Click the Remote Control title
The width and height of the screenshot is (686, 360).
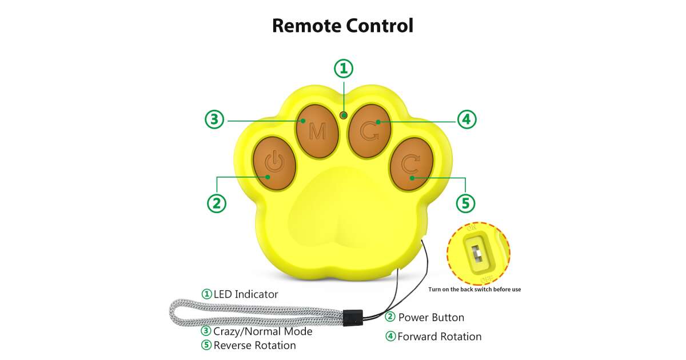pyautogui.click(x=342, y=26)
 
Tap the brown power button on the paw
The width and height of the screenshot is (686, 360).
pyautogui.click(x=274, y=163)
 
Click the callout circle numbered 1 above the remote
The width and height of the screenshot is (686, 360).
pyautogui.click(x=344, y=69)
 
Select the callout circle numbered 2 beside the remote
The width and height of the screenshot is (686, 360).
pyautogui.click(x=216, y=203)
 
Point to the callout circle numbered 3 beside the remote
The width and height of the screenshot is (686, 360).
pyautogui.click(x=214, y=119)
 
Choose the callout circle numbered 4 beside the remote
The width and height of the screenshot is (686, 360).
pyautogui.click(x=466, y=119)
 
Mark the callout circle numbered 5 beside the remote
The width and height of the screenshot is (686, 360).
pyautogui.click(x=465, y=203)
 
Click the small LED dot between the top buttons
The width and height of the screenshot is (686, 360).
pyautogui.click(x=344, y=115)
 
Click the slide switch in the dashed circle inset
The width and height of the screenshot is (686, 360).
pyautogui.click(x=475, y=252)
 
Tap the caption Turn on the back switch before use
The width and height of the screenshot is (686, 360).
pyautogui.click(x=474, y=289)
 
